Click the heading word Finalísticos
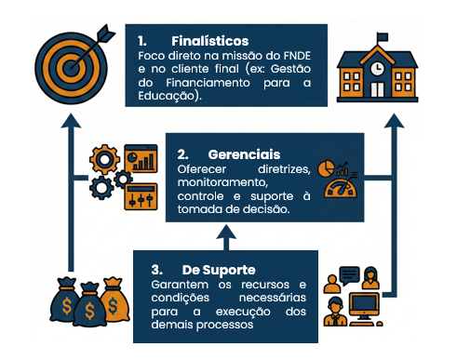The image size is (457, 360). [210, 41]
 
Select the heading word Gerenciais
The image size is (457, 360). [244, 154]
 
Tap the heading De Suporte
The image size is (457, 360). [219, 270]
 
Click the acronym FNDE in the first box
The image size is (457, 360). [297, 56]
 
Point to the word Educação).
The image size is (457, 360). [169, 96]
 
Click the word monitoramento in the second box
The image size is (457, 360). [222, 182]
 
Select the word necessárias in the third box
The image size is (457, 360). [273, 298]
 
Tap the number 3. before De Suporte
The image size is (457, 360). [157, 270]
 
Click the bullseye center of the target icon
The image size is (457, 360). [71, 68]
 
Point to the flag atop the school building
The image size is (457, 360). [383, 37]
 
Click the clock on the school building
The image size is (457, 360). [377, 68]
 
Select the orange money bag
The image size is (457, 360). [114, 300]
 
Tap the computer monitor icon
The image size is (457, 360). [364, 309]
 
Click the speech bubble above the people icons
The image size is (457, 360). [349, 275]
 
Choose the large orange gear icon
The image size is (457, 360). [104, 159]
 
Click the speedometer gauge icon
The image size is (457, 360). [341, 189]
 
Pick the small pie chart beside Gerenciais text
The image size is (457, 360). [326, 168]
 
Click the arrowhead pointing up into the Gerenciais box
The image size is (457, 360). [226, 232]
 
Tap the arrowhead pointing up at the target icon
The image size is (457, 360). [71, 121]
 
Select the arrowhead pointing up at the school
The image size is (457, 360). [394, 121]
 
